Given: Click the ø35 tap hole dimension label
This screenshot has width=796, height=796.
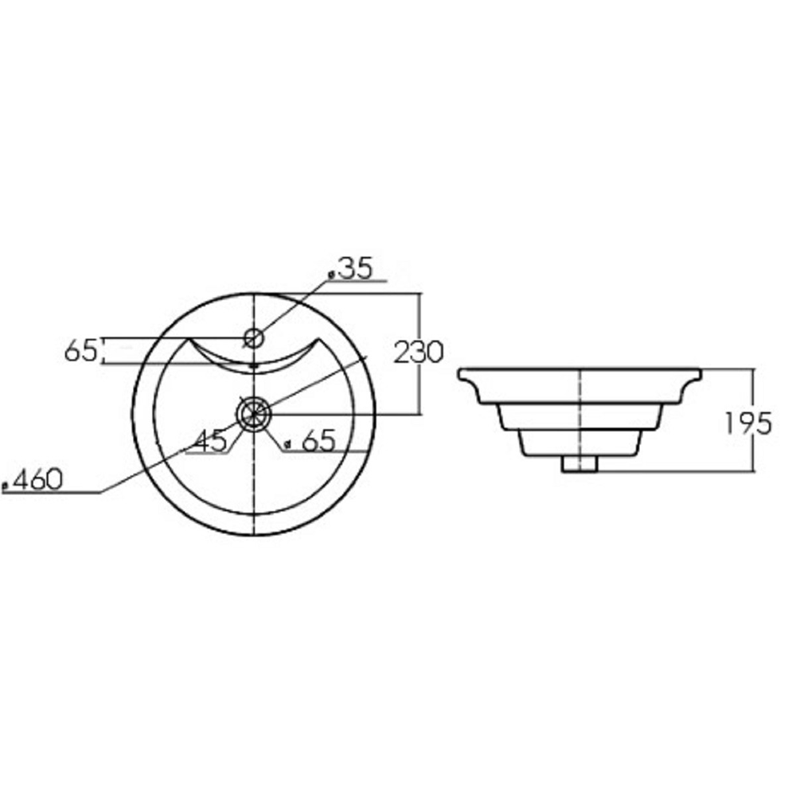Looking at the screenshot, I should point(355,268).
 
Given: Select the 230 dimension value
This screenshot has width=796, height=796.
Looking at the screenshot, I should point(419,351).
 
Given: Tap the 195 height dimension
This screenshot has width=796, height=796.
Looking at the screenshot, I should point(748,423).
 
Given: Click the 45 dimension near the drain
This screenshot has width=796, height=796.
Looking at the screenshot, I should point(211,440).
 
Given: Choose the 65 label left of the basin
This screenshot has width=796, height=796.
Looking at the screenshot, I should point(80,350).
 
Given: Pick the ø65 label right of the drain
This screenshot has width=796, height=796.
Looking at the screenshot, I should point(311,439).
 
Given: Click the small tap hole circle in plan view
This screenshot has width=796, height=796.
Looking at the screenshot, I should point(253,338).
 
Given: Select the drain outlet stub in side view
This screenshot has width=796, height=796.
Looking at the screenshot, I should point(581,464).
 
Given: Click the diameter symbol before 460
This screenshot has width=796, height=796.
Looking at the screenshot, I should point(6,484).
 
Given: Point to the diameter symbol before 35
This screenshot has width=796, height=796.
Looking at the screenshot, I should point(331,273).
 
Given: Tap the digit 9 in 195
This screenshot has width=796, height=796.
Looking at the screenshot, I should point(747,423).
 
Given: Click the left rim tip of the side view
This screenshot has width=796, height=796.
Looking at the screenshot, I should point(461,373).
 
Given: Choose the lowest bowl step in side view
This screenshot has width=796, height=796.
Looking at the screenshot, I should point(581,443).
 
